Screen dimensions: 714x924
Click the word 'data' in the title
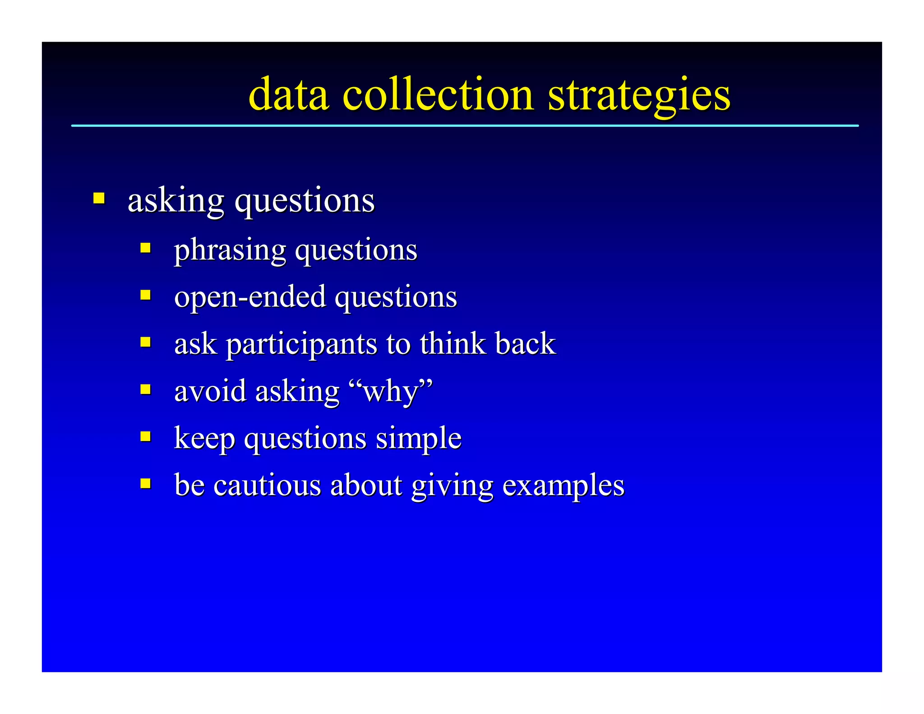coord(289,95)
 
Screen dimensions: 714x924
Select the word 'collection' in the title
coord(438,95)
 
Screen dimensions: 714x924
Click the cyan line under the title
coord(465,126)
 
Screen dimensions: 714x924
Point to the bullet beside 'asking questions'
coord(99,198)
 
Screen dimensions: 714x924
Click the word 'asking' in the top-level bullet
coord(176,200)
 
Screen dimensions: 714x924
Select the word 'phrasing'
coord(230,250)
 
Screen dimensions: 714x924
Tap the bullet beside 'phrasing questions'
coord(145,248)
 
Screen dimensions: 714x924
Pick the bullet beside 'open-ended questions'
coord(145,295)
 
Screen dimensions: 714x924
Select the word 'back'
coord(525,344)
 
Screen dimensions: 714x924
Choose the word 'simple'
coord(418,439)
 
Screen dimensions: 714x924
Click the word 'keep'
coord(204,439)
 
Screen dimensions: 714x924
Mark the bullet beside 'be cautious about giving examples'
coord(145,484)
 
